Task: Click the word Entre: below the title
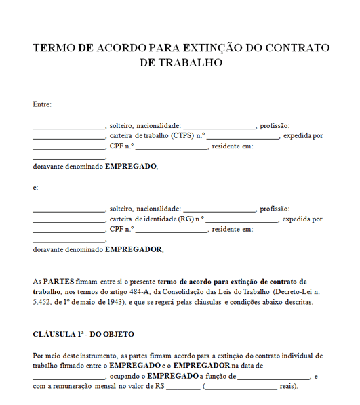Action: tap(42, 104)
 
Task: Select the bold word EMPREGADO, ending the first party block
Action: tap(131, 167)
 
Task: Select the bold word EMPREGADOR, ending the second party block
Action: tap(134, 249)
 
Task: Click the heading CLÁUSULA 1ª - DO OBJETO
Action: tap(83, 334)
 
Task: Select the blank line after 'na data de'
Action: tap(68, 377)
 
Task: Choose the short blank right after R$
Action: tap(182, 387)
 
